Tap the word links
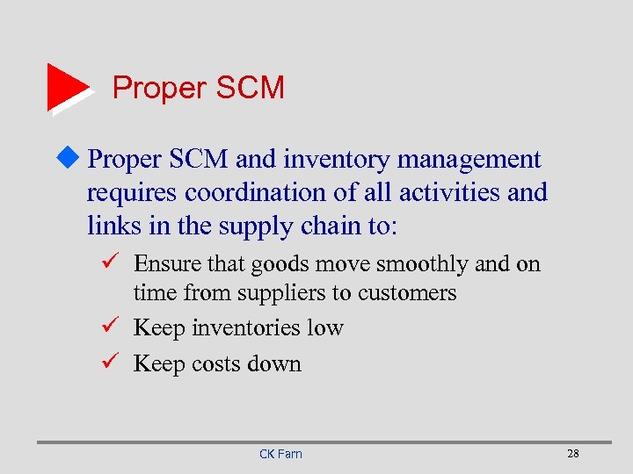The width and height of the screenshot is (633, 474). tap(112, 225)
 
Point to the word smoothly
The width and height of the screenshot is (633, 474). tap(423, 263)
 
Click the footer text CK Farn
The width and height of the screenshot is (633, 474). tap(280, 454)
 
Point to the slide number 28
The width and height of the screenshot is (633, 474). tap(573, 453)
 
